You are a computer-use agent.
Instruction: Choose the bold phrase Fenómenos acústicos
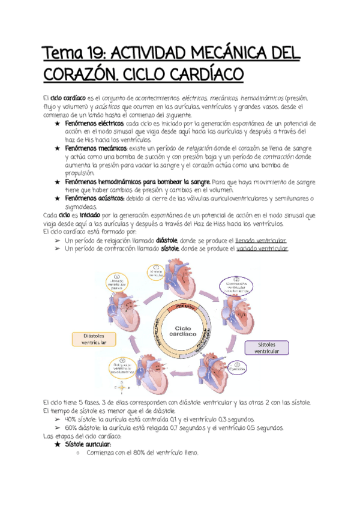coord(93,198)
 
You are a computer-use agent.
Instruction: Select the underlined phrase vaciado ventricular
coord(262,248)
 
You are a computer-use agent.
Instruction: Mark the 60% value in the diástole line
coord(70,427)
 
